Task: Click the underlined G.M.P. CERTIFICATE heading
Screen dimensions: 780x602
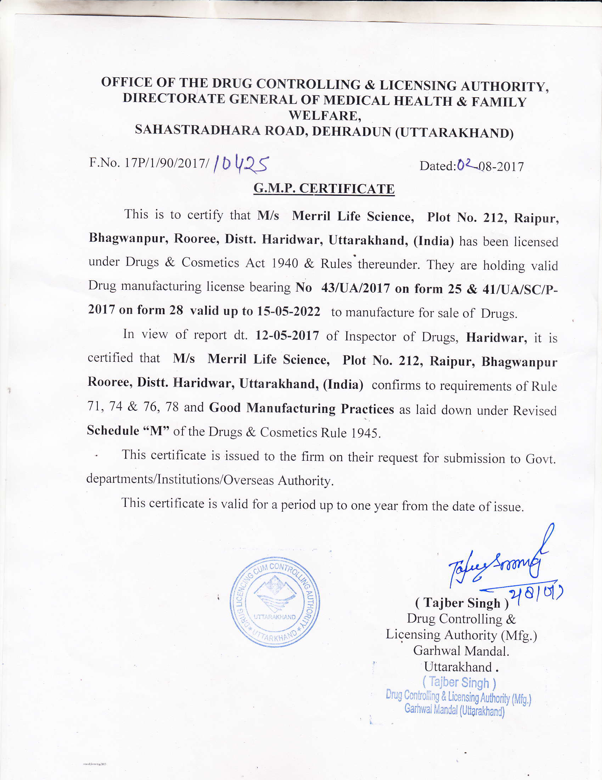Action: (x=323, y=189)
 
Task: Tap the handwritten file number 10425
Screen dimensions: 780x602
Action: (x=241, y=165)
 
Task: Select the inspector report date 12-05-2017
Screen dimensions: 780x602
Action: (x=287, y=336)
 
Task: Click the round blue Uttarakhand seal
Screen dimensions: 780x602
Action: (x=274, y=602)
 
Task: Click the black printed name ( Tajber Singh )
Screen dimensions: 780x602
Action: (x=462, y=603)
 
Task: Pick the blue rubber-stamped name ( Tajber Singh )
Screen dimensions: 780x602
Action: (x=459, y=682)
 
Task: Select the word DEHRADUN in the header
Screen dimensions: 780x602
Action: (x=351, y=132)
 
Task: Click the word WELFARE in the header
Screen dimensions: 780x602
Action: (x=324, y=116)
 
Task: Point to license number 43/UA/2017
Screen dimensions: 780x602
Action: (x=355, y=288)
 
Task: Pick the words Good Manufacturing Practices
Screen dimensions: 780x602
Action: (x=302, y=408)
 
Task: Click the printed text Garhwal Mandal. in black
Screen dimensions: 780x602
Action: (x=461, y=651)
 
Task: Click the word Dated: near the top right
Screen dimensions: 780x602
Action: (x=438, y=166)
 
